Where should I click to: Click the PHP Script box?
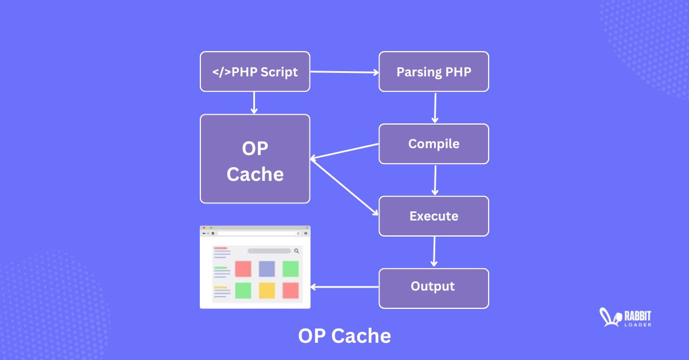[255, 72]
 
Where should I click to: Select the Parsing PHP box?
[433, 72]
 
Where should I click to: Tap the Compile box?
[433, 144]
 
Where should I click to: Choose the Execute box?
[433, 216]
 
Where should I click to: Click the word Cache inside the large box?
[255, 174]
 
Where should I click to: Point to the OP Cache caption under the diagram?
[344, 336]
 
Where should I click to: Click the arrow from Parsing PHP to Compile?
[435, 107]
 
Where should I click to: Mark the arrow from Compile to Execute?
[435, 180]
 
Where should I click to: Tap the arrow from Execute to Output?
[434, 252]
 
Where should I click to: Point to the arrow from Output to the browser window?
[344, 287]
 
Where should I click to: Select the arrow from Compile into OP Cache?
[344, 152]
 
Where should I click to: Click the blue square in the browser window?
[267, 269]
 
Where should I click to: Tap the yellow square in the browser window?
[267, 291]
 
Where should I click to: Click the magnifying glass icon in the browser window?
[297, 251]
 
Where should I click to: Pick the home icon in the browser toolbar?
[213, 234]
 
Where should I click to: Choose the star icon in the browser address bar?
[298, 234]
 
